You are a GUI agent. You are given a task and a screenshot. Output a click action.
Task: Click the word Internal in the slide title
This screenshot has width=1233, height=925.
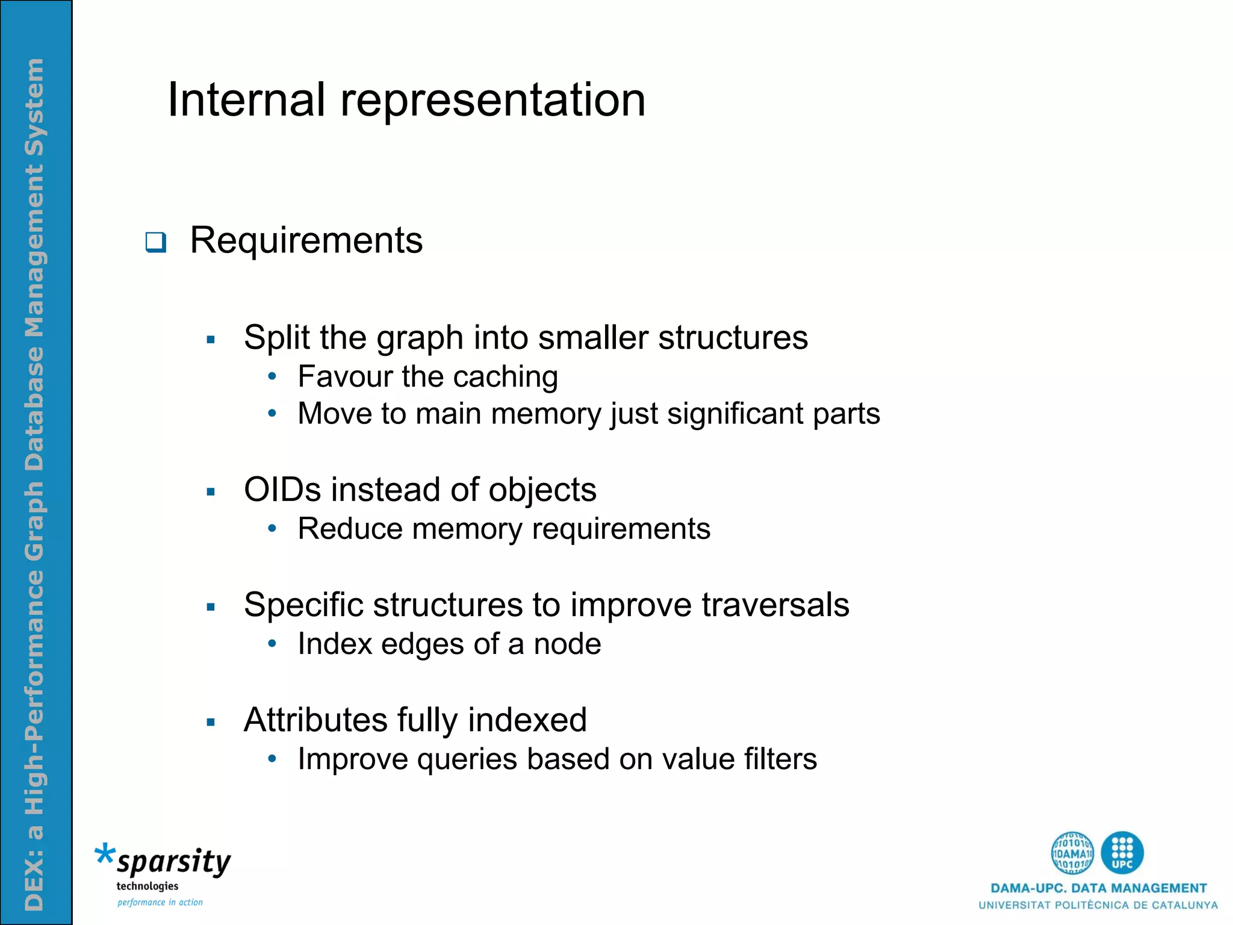[246, 100]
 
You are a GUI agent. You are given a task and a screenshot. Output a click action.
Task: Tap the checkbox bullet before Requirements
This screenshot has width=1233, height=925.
[155, 242]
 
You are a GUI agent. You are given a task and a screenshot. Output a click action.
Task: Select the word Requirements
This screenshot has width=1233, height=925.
[306, 241]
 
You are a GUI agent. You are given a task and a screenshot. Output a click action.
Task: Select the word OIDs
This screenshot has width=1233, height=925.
[282, 490]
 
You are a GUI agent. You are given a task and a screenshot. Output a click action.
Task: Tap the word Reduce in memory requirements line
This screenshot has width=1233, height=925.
[350, 529]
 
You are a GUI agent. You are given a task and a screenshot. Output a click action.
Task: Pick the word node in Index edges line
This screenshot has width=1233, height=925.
[567, 644]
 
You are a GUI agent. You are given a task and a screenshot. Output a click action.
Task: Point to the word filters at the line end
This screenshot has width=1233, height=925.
[780, 759]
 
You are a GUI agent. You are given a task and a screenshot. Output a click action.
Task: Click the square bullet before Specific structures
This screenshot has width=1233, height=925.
[210, 607]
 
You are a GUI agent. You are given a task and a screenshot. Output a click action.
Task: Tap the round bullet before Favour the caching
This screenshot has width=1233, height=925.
[272, 377]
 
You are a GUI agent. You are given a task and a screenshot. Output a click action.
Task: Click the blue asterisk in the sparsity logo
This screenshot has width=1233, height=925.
[104, 854]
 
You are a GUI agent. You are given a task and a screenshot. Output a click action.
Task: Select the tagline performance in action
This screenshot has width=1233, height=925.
[160, 902]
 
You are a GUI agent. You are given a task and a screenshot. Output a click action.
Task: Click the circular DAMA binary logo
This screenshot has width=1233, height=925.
[1072, 853]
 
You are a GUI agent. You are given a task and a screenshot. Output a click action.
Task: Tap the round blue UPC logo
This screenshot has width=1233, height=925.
[1122, 853]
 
